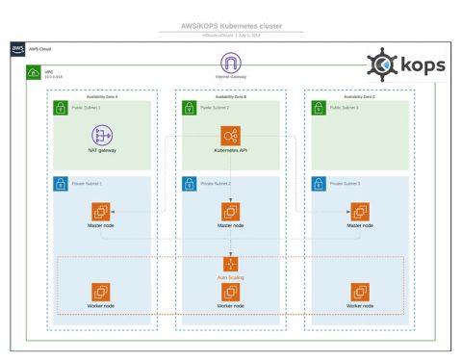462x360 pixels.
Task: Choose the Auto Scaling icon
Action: coord(230,263)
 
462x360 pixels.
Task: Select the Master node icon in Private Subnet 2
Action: coord(230,211)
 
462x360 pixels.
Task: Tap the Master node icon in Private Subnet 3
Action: coord(359,211)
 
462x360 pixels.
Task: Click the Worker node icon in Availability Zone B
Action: coord(230,291)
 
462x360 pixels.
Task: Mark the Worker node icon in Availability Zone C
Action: coord(359,291)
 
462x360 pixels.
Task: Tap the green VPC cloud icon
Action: coord(34,71)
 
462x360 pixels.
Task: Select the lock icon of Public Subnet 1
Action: coord(60,108)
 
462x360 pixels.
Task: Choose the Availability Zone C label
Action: coord(359,96)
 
